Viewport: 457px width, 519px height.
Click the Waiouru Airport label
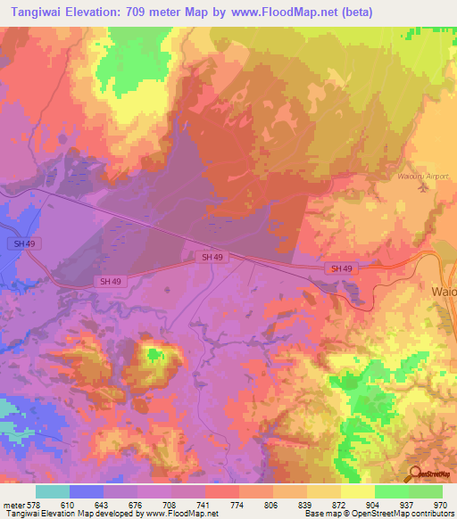423,176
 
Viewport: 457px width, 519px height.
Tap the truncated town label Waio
444,292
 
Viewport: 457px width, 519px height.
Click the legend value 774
236,504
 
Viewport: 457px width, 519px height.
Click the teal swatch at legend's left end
52,491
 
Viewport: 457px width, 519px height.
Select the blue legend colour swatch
86,491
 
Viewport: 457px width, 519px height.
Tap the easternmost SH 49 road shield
341,268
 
